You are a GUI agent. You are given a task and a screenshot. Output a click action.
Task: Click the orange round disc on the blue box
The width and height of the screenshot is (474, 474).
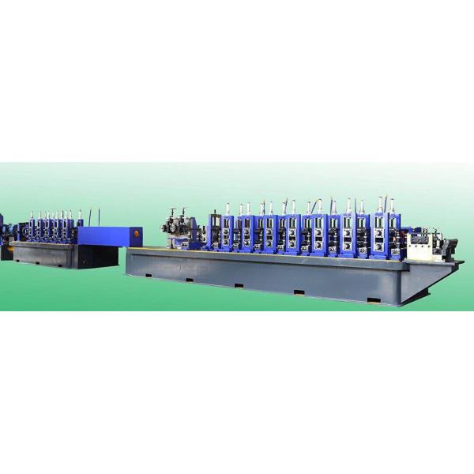[137, 234]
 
